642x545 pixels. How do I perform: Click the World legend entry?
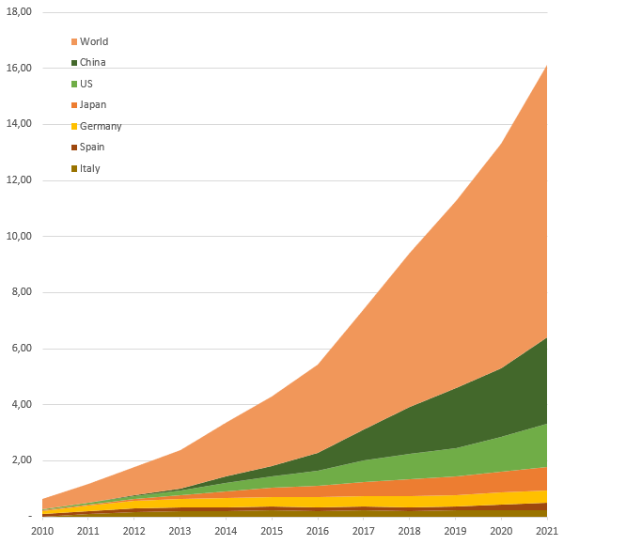(93, 41)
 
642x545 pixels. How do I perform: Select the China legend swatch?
(74, 63)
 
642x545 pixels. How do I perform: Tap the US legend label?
(86, 84)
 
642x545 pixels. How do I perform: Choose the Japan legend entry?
(92, 104)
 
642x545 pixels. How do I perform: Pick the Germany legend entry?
(100, 126)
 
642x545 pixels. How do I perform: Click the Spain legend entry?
(92, 147)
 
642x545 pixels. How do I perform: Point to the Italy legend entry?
(89, 168)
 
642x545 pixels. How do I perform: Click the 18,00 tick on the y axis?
(19, 12)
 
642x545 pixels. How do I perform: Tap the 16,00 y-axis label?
(19, 69)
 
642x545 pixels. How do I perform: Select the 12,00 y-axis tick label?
(19, 180)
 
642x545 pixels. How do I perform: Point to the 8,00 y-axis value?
(22, 292)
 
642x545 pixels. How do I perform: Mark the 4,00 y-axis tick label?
(22, 405)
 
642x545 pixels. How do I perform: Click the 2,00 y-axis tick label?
(22, 460)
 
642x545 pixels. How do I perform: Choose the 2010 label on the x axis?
(42, 531)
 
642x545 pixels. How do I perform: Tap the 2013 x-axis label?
(180, 531)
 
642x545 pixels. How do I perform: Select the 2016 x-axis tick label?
(318, 531)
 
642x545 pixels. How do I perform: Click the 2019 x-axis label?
(455, 531)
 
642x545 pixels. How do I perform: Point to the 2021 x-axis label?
(546, 531)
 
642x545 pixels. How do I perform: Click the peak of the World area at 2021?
(546, 66)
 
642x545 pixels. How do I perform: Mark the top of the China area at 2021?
(546, 338)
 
